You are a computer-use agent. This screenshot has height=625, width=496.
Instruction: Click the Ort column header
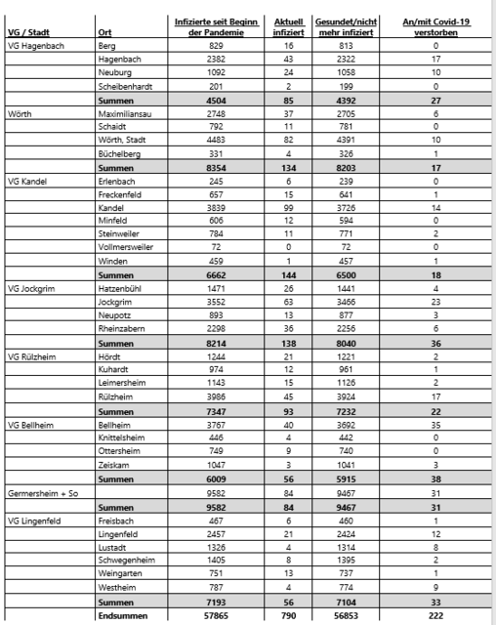pos(104,33)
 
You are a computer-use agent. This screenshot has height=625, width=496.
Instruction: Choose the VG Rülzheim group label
pos(34,356)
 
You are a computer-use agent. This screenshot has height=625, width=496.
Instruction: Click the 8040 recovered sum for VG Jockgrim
pos(348,344)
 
